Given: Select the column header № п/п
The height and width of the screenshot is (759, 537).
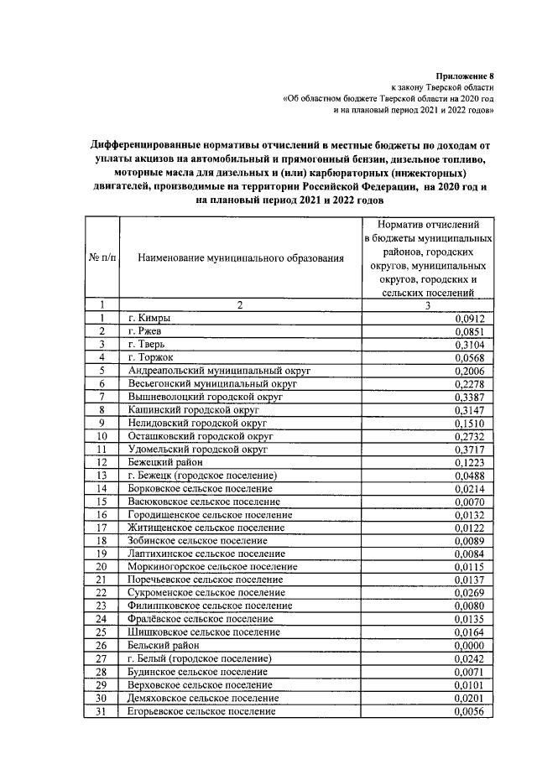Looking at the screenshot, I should [x=101, y=258].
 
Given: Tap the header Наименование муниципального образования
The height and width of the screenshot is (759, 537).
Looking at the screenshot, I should [x=240, y=258].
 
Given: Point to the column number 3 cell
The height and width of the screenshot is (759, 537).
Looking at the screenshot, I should [x=427, y=305].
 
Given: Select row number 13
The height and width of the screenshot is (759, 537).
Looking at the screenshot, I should [x=102, y=476].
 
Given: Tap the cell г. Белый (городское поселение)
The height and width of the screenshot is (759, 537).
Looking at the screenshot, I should [x=200, y=659].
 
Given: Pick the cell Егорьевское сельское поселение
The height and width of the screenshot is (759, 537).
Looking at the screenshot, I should [x=201, y=711].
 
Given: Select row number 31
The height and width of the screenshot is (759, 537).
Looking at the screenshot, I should [x=102, y=711].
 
